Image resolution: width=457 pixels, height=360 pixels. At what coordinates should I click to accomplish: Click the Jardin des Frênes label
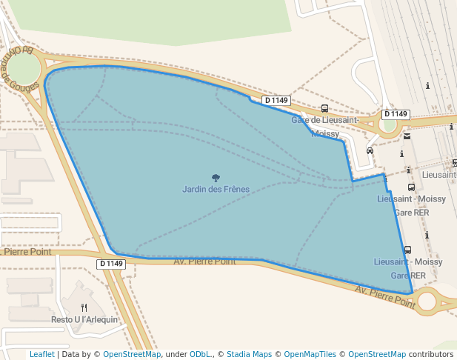216,190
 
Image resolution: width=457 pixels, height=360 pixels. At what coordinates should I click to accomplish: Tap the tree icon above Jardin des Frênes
216,178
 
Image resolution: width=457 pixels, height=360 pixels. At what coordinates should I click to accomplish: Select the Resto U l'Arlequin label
84,320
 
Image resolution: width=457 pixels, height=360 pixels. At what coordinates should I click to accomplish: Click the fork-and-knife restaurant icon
84,307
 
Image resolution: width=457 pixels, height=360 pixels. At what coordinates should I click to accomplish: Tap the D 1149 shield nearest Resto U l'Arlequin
111,264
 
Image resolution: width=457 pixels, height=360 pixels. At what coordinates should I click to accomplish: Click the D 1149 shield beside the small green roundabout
396,114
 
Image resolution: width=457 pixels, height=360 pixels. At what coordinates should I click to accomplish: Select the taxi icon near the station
370,150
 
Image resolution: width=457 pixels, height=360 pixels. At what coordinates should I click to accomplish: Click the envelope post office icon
407,136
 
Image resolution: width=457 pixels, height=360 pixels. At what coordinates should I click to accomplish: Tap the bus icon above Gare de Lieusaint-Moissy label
324,108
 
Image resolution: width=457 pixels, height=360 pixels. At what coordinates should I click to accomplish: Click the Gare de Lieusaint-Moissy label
325,127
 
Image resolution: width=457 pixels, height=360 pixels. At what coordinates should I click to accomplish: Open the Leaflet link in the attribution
41,355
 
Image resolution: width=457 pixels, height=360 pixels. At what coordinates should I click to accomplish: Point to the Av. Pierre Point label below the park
204,261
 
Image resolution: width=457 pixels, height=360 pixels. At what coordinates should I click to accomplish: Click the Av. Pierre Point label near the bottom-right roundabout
384,296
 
